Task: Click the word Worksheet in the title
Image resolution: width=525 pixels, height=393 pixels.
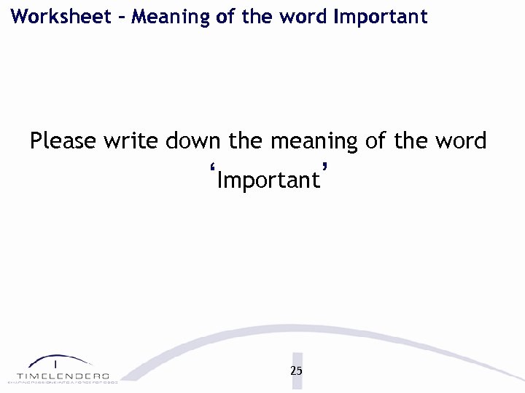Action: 56,16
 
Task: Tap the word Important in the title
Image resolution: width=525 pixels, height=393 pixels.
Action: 380,16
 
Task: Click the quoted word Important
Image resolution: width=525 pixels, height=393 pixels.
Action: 268,180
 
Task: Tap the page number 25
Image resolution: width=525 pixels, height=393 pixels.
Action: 296,370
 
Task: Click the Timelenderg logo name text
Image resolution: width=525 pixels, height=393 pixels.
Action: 63,375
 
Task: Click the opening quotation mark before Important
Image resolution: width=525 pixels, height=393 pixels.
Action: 213,172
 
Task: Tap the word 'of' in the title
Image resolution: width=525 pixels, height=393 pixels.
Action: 226,16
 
